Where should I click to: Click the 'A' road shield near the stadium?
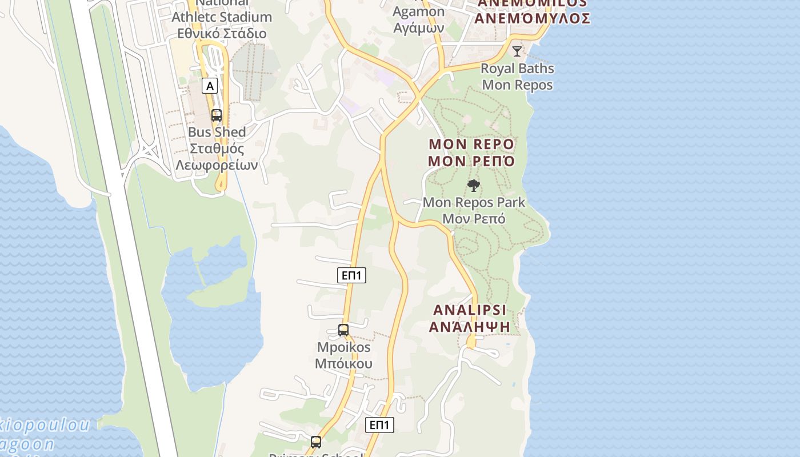click(x=210, y=86)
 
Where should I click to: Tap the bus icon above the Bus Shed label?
click(x=217, y=115)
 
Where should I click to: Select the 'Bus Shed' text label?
click(x=217, y=132)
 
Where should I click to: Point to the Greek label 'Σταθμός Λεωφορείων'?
click(x=217, y=157)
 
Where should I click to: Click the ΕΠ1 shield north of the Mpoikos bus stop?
click(x=351, y=275)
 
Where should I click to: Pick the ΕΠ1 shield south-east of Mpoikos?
click(x=379, y=425)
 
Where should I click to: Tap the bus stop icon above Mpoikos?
click(x=343, y=330)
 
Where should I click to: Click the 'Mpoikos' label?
click(x=343, y=347)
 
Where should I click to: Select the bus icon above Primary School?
click(x=316, y=442)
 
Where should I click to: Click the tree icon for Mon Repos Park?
click(x=473, y=186)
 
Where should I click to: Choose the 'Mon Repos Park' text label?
click(x=474, y=202)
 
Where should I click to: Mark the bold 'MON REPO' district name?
click(x=471, y=143)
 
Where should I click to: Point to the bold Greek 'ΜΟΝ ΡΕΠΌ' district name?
click(x=471, y=161)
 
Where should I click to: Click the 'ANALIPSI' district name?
click(x=470, y=310)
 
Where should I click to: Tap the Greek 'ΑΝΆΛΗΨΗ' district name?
click(x=470, y=327)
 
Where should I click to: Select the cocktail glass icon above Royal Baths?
click(x=517, y=51)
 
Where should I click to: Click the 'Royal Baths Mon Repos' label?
click(x=517, y=77)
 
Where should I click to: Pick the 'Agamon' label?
click(x=419, y=12)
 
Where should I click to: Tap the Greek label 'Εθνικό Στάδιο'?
click(x=222, y=33)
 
